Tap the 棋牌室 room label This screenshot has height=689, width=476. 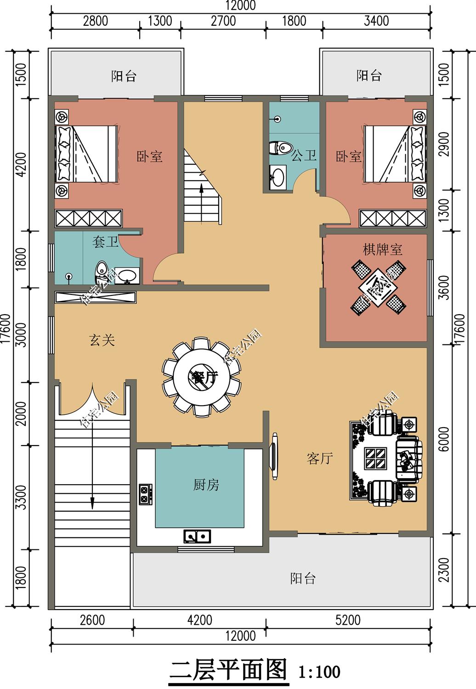coord(382,250)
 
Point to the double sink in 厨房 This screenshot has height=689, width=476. coord(197,535)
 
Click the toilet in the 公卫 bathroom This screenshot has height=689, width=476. coord(280,148)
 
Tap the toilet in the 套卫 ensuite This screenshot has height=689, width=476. coord(101,273)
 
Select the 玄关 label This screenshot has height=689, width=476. coord(102,340)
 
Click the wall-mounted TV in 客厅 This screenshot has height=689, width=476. coord(274,457)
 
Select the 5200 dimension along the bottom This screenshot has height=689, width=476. coord(348,620)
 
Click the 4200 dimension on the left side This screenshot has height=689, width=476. coord(21,165)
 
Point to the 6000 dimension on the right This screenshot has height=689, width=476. coord(444,439)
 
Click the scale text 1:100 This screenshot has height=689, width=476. coord(319,672)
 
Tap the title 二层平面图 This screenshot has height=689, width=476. coord(228,671)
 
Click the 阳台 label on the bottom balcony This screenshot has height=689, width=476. coord(303,578)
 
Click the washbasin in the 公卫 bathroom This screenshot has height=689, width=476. coord(278,177)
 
